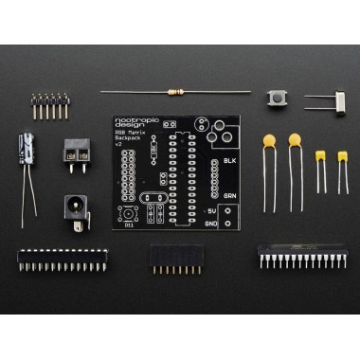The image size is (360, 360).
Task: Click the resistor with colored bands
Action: coord(175,92)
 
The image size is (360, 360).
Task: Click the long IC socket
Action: coord(62,256)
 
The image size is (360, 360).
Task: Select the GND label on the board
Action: coord(212,224)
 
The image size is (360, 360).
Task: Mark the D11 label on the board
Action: coord(130,225)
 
